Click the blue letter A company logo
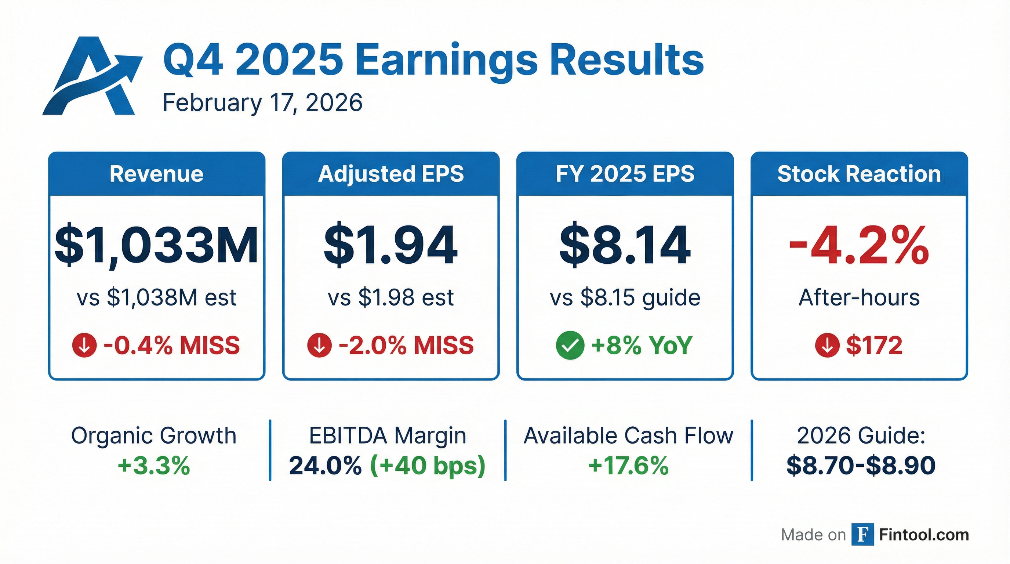[x=92, y=76]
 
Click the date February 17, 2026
[x=262, y=103]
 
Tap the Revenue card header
[x=156, y=174]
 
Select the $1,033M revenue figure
[x=156, y=245]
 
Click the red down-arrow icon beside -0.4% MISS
[x=84, y=345]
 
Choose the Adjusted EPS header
[x=391, y=174]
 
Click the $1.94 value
[x=390, y=245]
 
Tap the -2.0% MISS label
[x=406, y=345]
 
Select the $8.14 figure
[x=625, y=245]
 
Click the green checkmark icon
[x=570, y=345]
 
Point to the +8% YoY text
[x=642, y=345]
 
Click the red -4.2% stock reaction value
[x=859, y=245]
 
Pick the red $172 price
[x=874, y=345]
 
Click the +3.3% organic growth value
[x=154, y=466]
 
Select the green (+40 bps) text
[x=427, y=466]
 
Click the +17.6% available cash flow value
[x=628, y=466]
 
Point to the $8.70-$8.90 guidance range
[x=861, y=466]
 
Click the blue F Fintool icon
[x=862, y=535]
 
